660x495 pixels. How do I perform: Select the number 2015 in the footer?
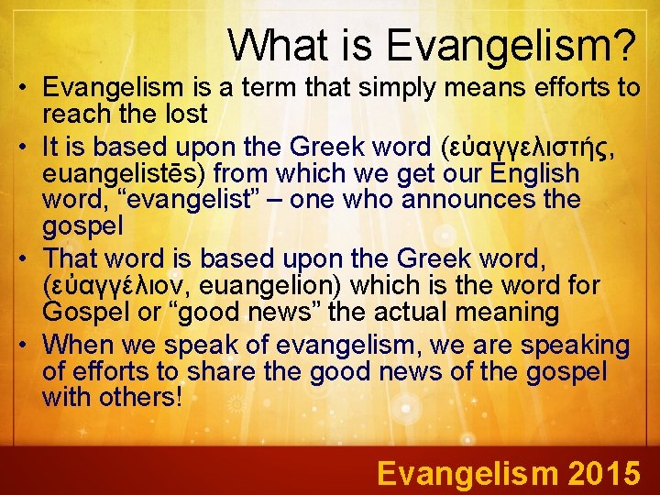[604, 473]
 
